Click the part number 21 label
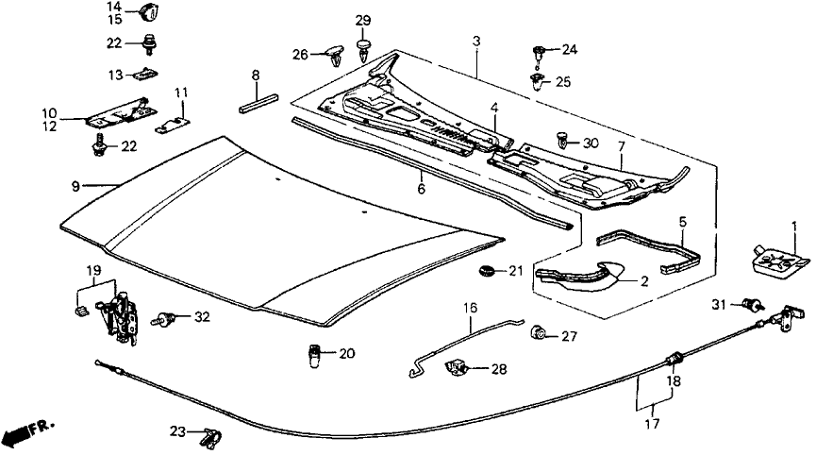tap(514, 272)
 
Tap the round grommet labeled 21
tap(486, 273)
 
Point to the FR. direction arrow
tap(25, 432)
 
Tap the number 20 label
tap(346, 354)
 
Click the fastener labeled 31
tap(753, 304)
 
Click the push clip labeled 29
tap(364, 50)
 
